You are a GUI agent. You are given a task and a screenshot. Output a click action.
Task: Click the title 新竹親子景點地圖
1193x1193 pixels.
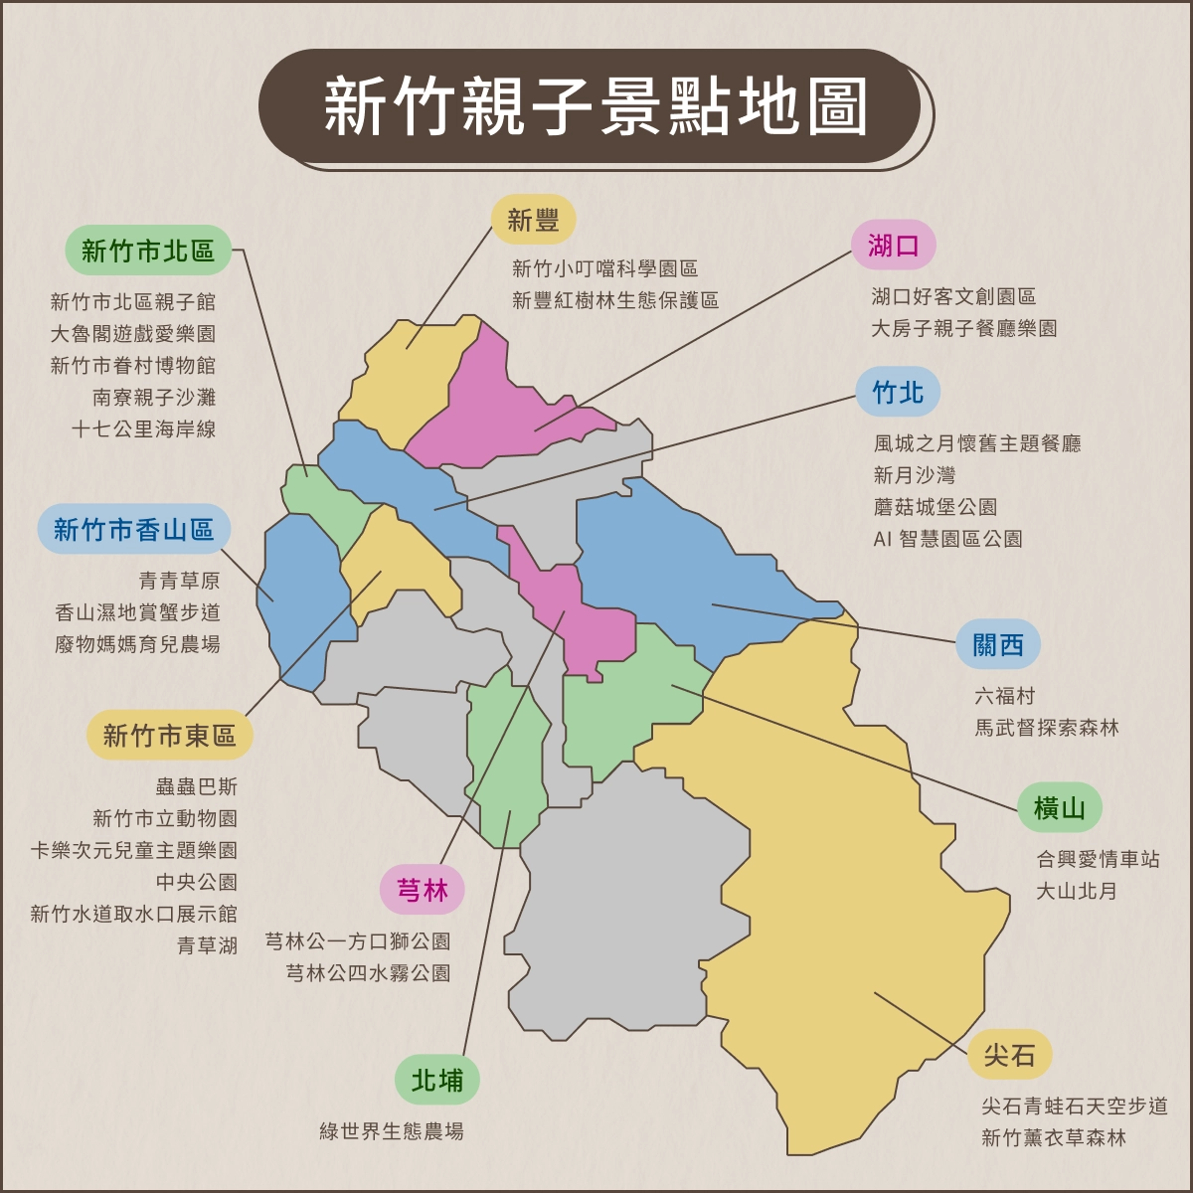click(x=596, y=106)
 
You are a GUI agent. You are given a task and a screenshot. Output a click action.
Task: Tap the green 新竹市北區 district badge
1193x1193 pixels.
click(x=148, y=251)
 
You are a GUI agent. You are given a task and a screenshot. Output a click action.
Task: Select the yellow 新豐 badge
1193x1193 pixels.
click(x=534, y=220)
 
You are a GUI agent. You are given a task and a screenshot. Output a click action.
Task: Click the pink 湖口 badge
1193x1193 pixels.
click(x=893, y=245)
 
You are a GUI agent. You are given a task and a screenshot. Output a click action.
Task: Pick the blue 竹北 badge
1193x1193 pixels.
click(x=898, y=393)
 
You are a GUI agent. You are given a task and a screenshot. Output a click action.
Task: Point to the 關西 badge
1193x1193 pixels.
click(x=998, y=644)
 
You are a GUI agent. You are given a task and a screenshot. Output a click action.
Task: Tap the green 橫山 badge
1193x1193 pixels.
click(x=1059, y=807)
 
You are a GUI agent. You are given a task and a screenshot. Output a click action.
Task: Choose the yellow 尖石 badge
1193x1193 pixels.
click(x=1010, y=1055)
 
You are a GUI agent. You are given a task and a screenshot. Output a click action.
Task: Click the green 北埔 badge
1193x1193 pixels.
click(x=437, y=1080)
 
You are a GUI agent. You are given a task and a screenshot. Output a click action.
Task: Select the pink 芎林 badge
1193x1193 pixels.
click(x=423, y=890)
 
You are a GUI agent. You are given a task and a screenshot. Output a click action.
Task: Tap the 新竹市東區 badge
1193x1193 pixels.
click(x=169, y=736)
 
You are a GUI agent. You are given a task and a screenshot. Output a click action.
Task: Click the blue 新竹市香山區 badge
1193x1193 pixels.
click(x=134, y=529)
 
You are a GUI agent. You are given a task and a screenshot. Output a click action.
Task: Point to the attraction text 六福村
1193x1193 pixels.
click(x=1005, y=696)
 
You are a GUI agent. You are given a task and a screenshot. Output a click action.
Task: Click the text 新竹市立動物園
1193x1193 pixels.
click(x=165, y=818)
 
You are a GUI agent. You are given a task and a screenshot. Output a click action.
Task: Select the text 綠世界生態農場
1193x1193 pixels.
click(x=392, y=1131)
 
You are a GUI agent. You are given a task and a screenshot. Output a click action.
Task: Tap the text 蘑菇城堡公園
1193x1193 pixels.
click(x=936, y=507)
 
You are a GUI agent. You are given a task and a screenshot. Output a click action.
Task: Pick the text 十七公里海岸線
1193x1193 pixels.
click(x=144, y=429)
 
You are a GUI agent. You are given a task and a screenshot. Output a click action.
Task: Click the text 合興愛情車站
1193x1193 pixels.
click(x=1098, y=859)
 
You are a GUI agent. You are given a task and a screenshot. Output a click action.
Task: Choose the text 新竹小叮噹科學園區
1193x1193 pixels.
click(x=604, y=268)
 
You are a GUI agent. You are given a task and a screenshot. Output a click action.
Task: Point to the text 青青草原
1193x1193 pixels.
click(x=180, y=581)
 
